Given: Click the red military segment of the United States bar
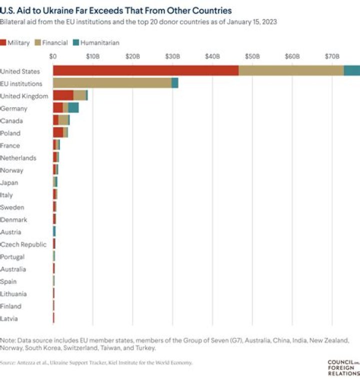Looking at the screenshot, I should coord(145,71).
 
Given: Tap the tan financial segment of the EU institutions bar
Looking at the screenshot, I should coord(112,84).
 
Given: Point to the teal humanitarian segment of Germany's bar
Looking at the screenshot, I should coord(73,108).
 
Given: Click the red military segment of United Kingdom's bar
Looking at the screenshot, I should coord(63,96).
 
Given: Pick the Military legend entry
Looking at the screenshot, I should coord(15,43).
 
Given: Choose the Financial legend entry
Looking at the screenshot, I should coord(51,43).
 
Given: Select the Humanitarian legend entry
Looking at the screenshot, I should coord(96,43).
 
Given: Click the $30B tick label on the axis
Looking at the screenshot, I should coord(172,57).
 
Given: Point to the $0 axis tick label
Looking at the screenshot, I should coord(53,57).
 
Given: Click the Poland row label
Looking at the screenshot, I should coord(10,133).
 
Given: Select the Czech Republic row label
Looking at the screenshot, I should coord(23,244).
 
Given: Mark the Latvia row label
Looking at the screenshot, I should coord(10,318).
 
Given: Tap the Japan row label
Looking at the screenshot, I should coord(9,183).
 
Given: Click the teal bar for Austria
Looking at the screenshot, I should coord(54,232).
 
